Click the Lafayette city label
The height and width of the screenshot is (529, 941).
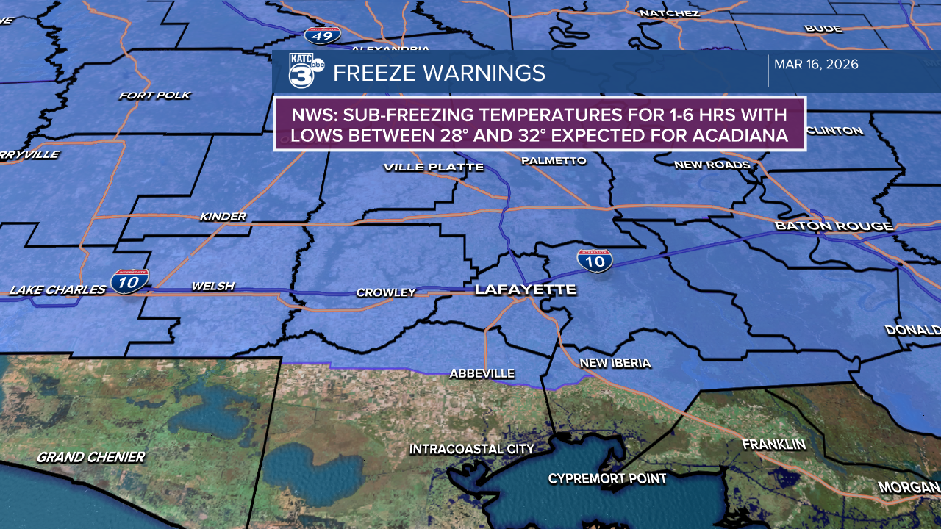click(x=525, y=289)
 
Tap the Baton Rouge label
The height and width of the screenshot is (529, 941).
click(x=834, y=226)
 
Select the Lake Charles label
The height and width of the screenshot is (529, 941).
click(x=57, y=290)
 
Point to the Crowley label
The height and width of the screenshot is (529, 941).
click(x=386, y=292)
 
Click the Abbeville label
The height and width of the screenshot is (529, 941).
click(x=482, y=374)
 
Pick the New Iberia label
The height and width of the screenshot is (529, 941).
click(x=615, y=363)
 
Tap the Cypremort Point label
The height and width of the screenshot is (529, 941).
click(x=607, y=479)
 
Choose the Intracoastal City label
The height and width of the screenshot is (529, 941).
click(x=471, y=449)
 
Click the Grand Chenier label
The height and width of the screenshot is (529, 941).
click(x=90, y=457)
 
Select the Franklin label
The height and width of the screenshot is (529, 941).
click(x=773, y=445)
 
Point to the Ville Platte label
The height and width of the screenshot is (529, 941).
click(x=433, y=168)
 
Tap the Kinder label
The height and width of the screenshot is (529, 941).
click(x=223, y=217)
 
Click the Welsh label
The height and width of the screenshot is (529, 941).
click(x=212, y=287)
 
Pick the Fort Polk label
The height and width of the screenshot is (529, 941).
click(x=154, y=96)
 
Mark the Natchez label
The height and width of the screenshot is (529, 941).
click(x=669, y=13)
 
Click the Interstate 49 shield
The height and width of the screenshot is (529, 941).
click(x=323, y=34)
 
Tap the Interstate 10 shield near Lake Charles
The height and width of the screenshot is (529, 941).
click(x=130, y=281)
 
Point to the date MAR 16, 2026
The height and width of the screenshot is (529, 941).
click(x=816, y=65)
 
